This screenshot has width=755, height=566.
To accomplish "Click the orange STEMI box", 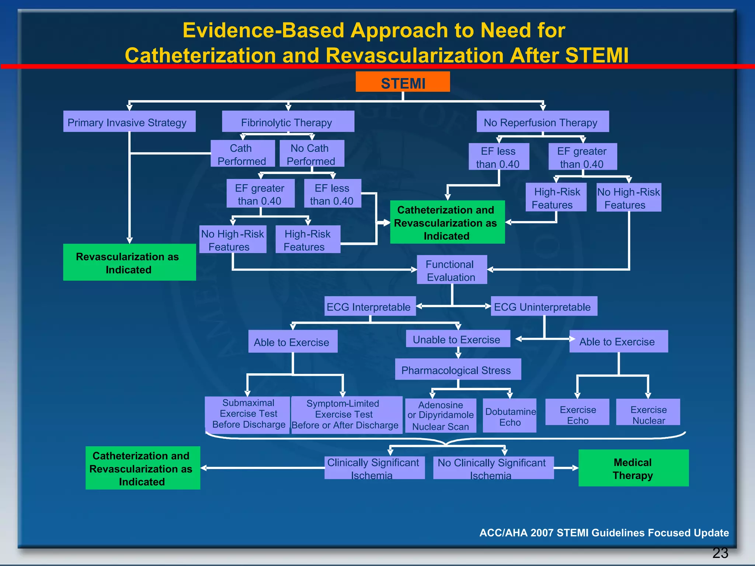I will point(403,82).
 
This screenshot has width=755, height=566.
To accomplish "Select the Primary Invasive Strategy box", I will point(129,122).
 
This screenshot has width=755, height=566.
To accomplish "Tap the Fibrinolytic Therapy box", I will point(288,122).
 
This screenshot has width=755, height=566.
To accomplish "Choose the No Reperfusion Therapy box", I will point(542,122).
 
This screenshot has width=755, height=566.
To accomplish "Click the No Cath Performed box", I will point(312,154).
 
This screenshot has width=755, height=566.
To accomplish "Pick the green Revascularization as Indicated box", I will point(129,262).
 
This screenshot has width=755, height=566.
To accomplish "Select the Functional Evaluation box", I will point(452,270).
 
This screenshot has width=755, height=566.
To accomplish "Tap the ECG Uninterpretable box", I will point(544,306).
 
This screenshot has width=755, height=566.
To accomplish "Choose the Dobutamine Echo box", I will point(509,416).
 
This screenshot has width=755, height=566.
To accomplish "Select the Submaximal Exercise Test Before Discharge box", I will point(248,414).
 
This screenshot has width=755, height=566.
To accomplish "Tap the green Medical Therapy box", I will point(633,468).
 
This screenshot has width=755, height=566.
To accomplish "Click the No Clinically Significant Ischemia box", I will point(493,468).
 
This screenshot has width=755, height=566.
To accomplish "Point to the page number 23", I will point(720,553).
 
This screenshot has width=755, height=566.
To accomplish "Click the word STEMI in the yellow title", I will point(596,56).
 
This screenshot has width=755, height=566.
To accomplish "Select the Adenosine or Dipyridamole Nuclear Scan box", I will point(441,416).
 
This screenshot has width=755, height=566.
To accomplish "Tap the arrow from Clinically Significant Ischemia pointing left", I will point(206,468).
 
